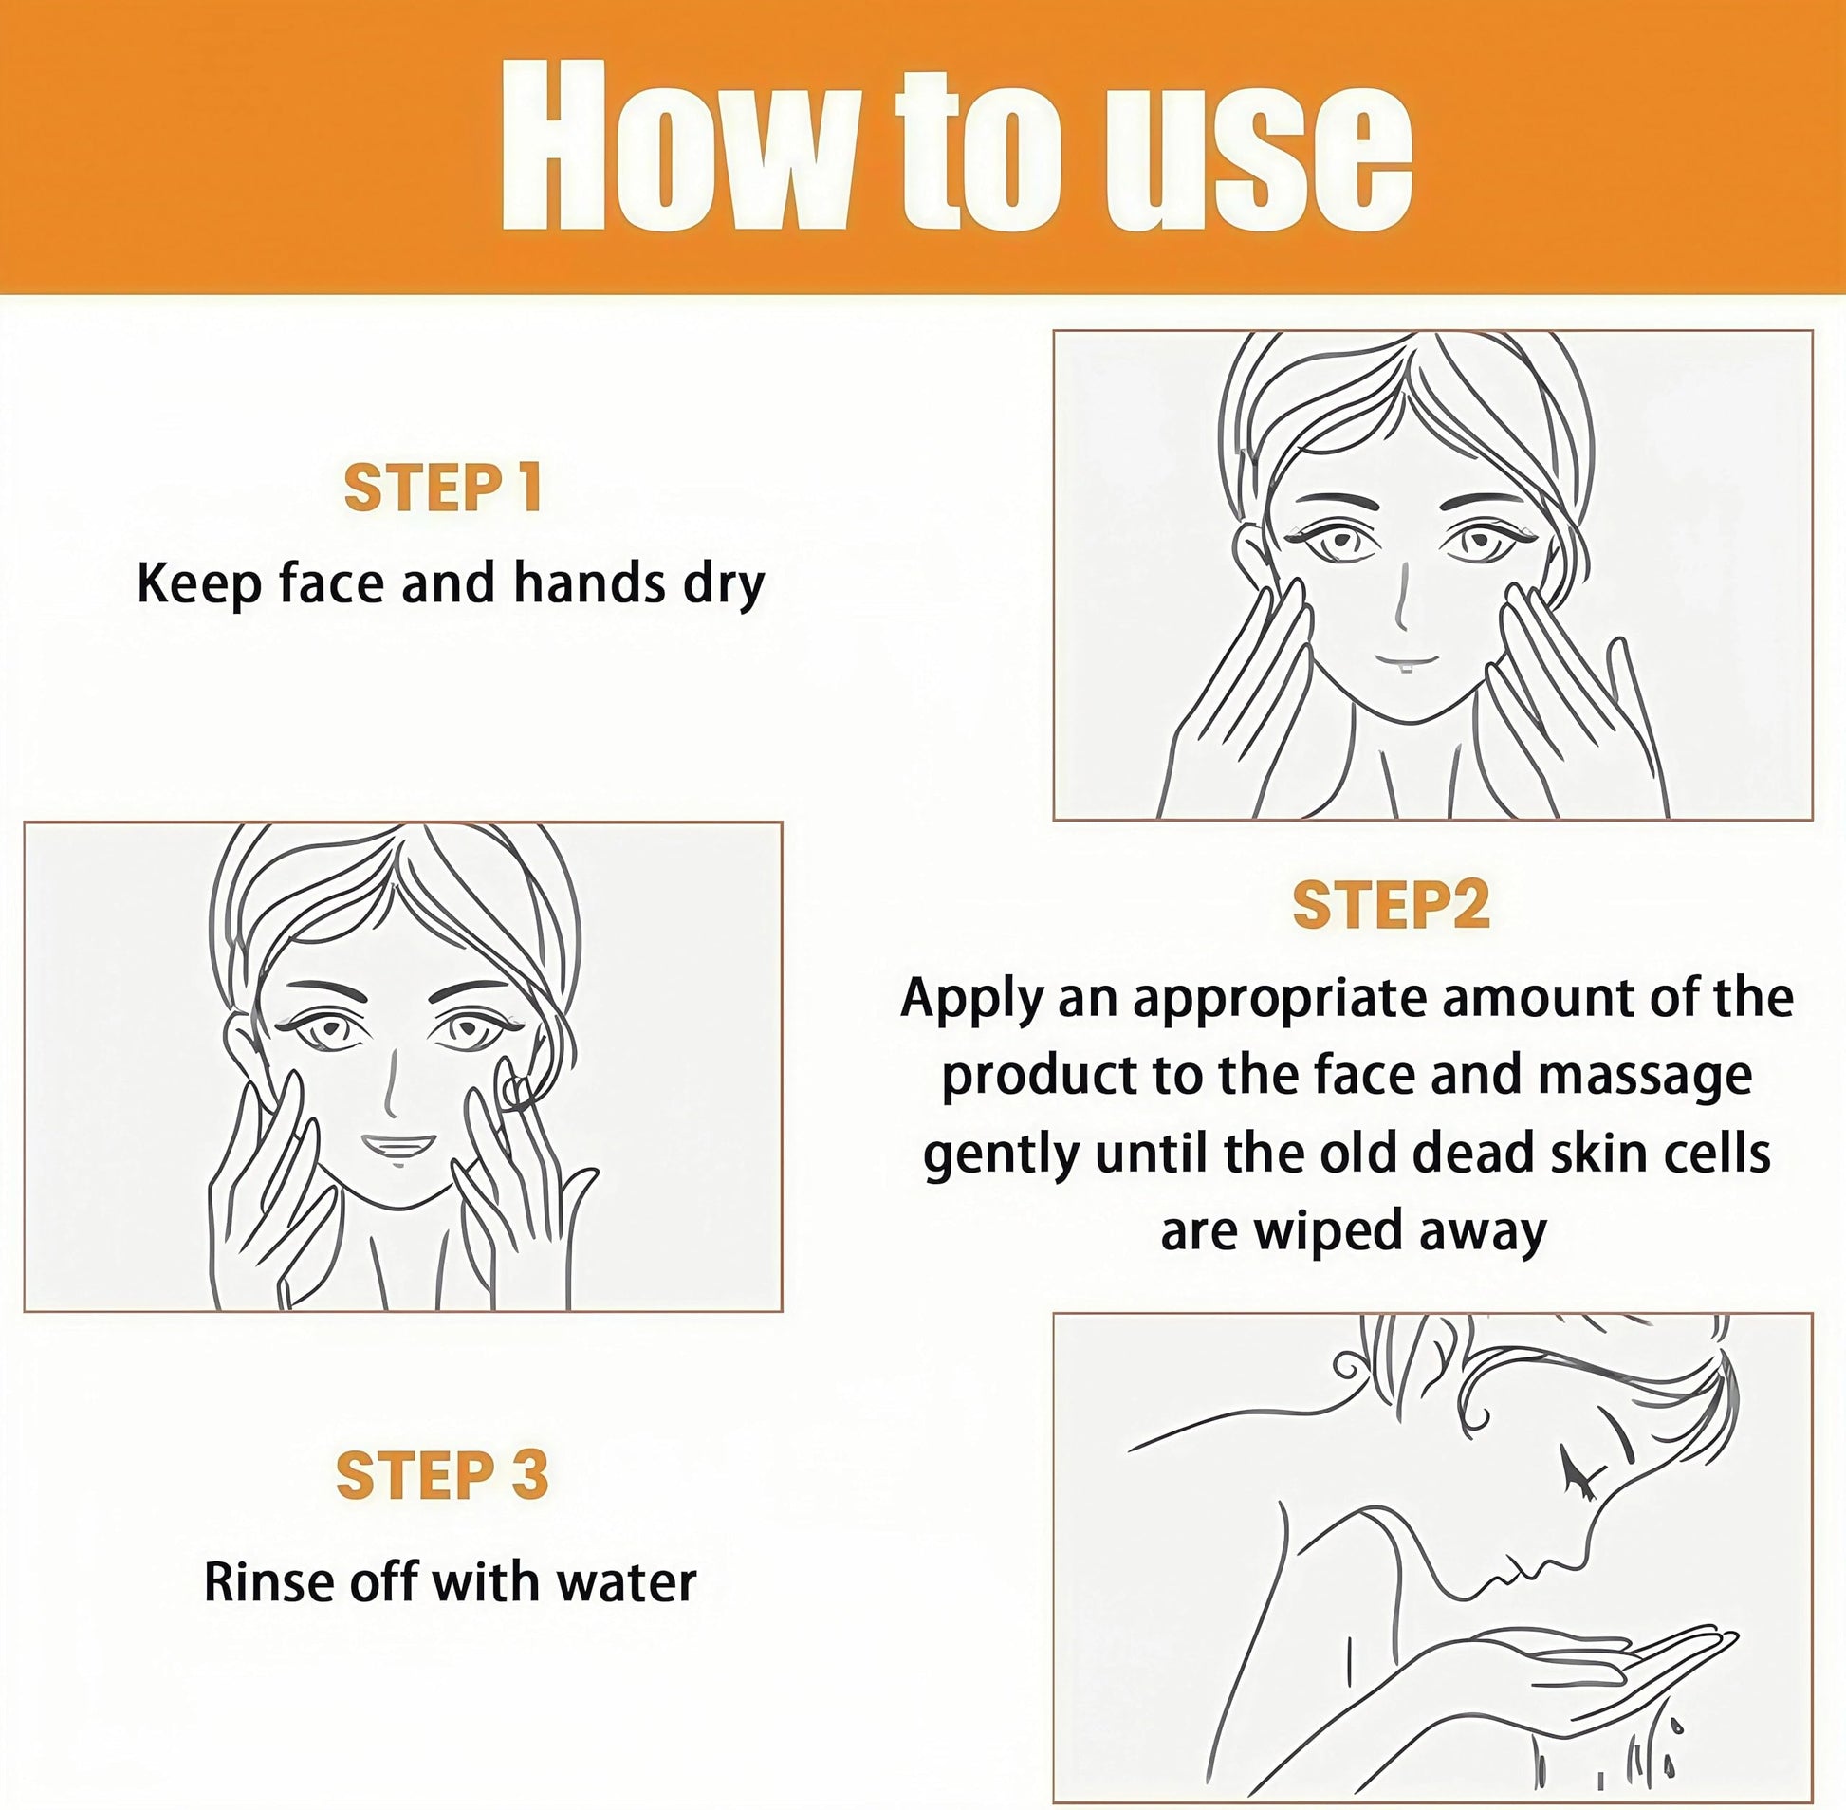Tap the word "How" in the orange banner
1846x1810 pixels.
tap(674, 144)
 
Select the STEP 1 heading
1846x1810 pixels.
tap(443, 489)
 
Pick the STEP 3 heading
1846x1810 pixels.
tap(443, 1474)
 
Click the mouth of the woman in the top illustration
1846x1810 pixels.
tap(1406, 658)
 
